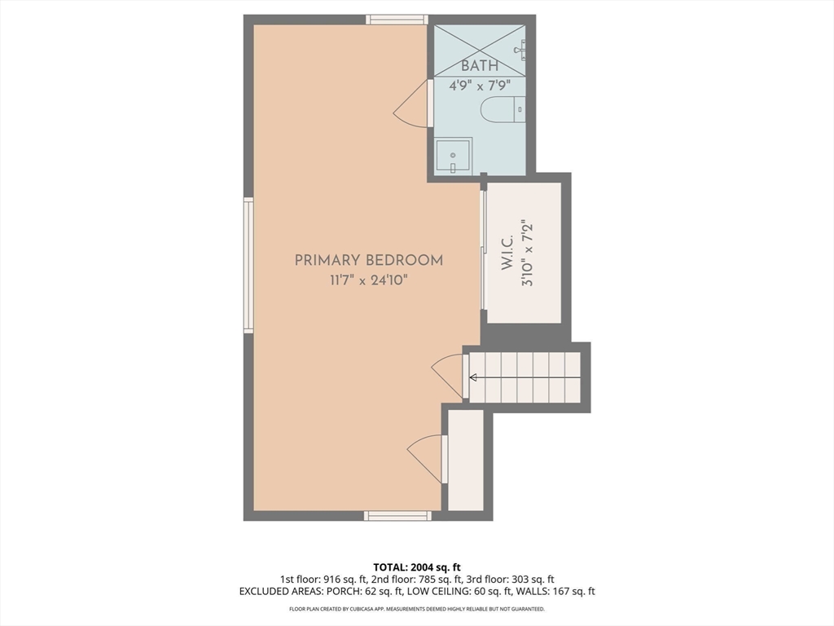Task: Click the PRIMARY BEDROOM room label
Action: (x=369, y=260)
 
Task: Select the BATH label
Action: (x=480, y=66)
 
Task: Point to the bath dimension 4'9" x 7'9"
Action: (x=480, y=85)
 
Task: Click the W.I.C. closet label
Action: (x=507, y=253)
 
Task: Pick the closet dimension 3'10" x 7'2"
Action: (x=527, y=253)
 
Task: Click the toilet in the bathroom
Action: (x=503, y=110)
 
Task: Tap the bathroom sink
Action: (x=453, y=156)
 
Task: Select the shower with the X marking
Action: (x=480, y=50)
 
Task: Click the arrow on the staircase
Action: (x=472, y=378)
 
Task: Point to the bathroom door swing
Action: (x=411, y=104)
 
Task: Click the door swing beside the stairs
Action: (x=448, y=376)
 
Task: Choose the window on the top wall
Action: (x=397, y=20)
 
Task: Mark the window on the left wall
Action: (x=248, y=265)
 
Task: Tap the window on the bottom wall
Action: (x=397, y=515)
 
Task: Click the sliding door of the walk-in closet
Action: (x=483, y=250)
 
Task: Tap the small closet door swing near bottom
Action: (x=424, y=459)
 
